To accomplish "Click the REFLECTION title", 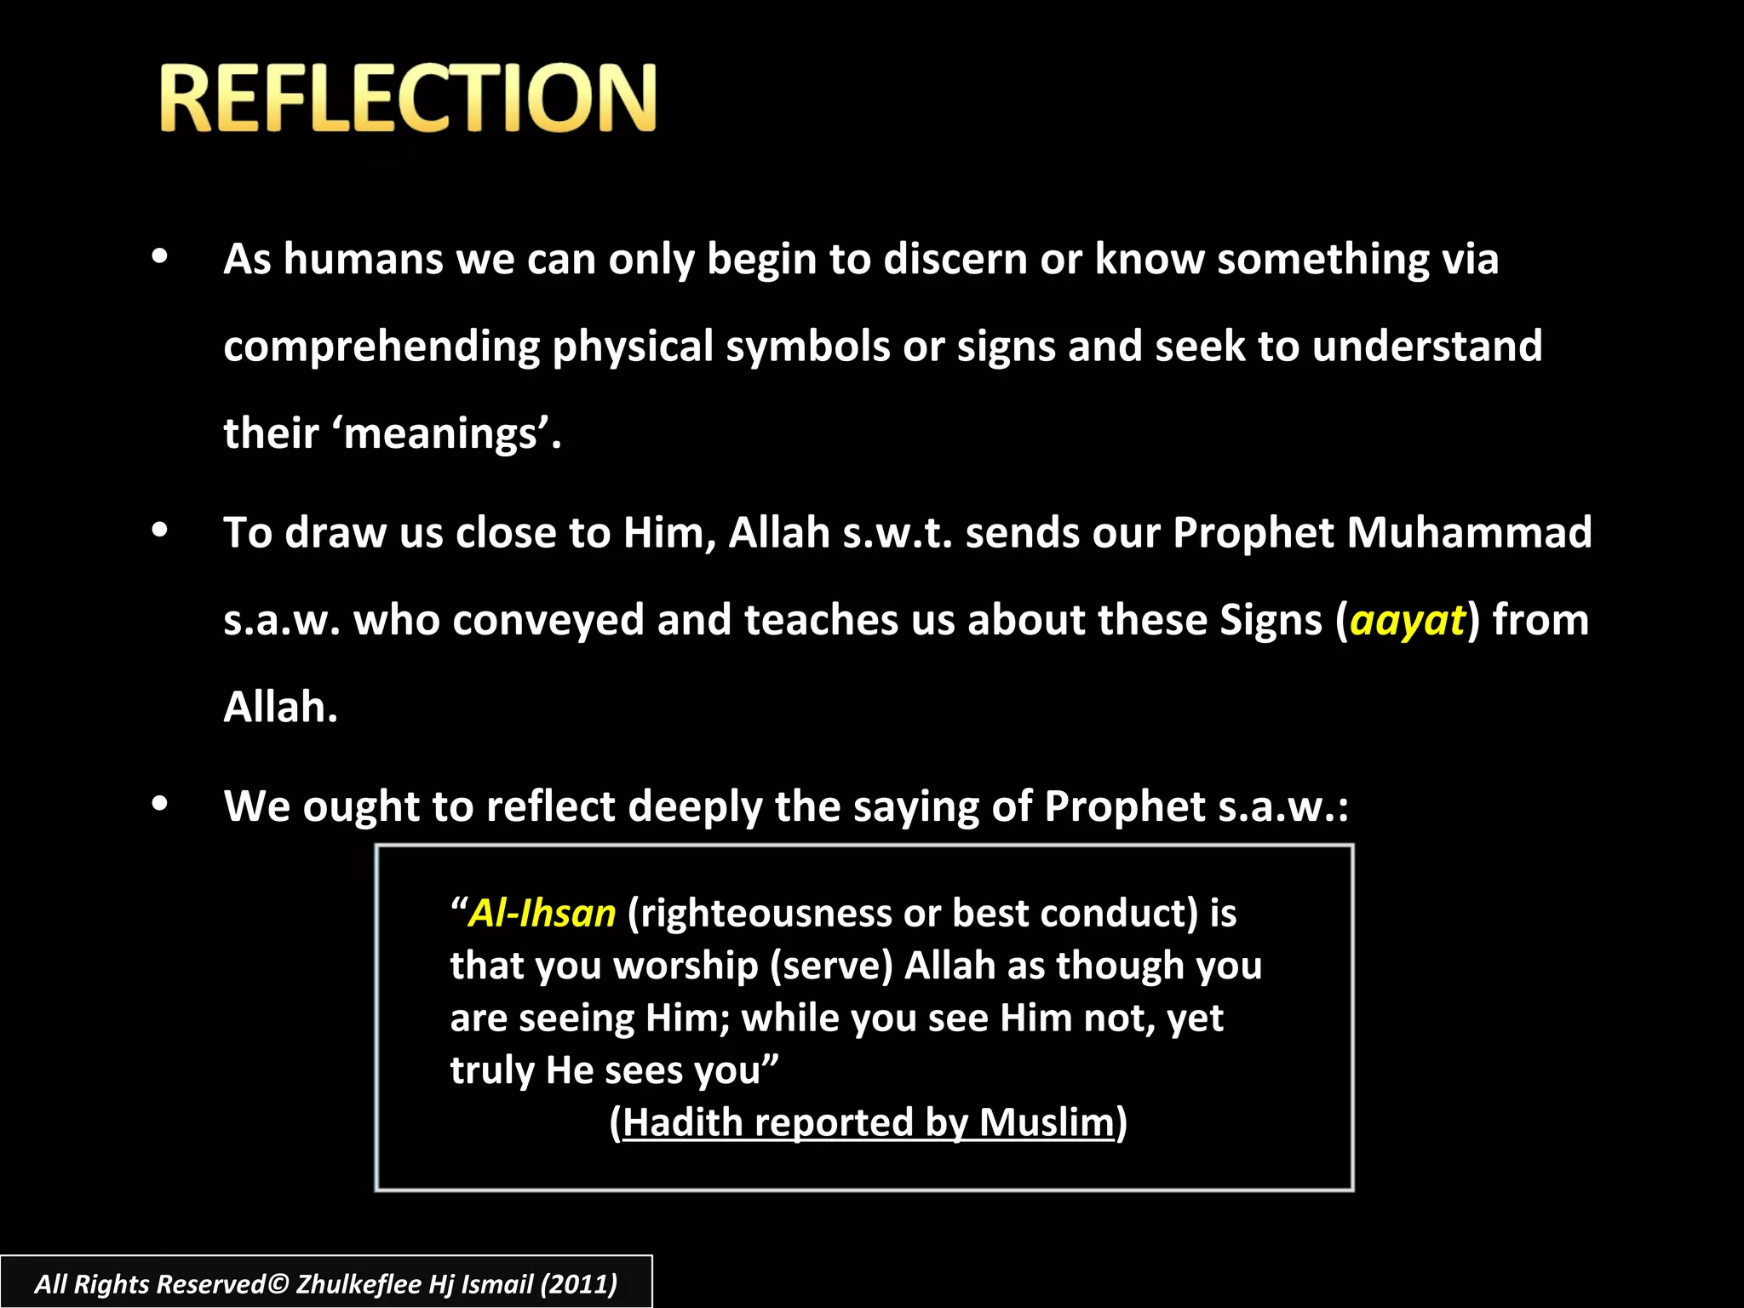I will click(x=407, y=99).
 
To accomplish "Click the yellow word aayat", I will click(x=1408, y=620).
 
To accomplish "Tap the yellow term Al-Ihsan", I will click(x=542, y=913).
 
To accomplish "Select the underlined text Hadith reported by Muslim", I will click(x=869, y=1122).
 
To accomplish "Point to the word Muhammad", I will click(x=1469, y=533).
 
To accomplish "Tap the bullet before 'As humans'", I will click(x=159, y=257).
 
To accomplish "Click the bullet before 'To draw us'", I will click(x=159, y=531).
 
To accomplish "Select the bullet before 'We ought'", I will click(x=159, y=804).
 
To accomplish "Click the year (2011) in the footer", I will click(x=579, y=1283).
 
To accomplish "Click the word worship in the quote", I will click(x=686, y=967).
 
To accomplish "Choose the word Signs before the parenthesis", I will click(x=1271, y=620).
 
